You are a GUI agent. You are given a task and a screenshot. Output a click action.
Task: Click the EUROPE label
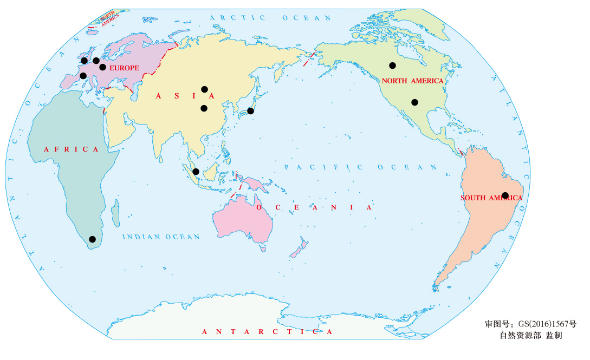click(124, 68)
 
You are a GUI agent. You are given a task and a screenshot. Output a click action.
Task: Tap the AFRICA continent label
click(71, 149)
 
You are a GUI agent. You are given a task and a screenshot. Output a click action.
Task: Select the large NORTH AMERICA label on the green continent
click(412, 81)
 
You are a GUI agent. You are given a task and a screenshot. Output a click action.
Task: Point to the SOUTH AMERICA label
click(491, 198)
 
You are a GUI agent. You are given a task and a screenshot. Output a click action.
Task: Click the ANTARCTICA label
click(267, 331)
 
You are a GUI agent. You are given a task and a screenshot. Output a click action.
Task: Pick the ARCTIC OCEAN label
click(270, 18)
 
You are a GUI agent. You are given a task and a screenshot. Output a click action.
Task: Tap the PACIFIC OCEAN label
click(360, 167)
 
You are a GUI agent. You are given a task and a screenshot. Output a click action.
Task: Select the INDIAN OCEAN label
click(161, 237)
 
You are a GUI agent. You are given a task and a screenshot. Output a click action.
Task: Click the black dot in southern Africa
click(92, 239)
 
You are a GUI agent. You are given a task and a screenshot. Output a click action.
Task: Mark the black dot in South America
click(505, 195)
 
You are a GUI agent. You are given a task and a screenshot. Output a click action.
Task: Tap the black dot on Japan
click(250, 111)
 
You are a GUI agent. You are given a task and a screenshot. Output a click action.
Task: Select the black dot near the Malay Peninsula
click(196, 172)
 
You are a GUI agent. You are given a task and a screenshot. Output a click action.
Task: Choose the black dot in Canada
click(392, 66)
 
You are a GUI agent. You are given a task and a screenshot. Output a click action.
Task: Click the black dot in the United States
click(414, 102)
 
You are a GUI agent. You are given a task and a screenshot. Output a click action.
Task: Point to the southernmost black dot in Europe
click(83, 76)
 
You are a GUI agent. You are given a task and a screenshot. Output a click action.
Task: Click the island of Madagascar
click(115, 212)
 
